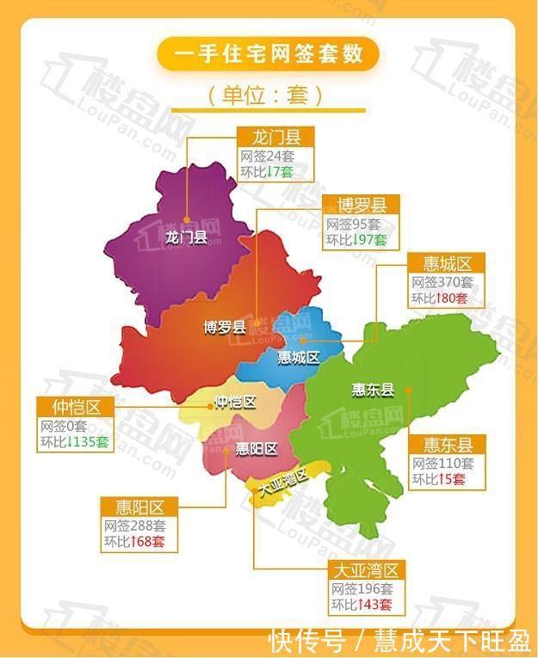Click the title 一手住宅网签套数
click(268, 54)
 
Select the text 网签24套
click(268, 157)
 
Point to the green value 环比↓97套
click(356, 240)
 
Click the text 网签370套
click(442, 282)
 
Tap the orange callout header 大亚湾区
click(367, 570)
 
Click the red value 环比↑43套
click(362, 605)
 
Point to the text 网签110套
click(442, 463)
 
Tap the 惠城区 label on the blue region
click(298, 356)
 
